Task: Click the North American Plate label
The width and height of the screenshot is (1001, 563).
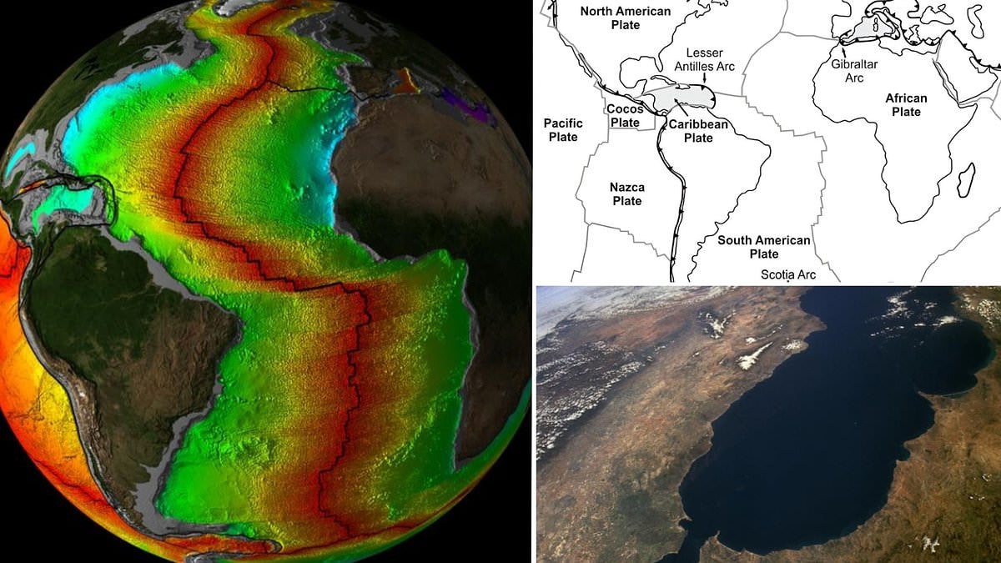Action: pos(625,18)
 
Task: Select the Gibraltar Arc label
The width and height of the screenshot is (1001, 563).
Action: pos(847,71)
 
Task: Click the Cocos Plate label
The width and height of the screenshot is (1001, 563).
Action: pos(623,116)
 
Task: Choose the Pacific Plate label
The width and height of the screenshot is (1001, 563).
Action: pos(563,129)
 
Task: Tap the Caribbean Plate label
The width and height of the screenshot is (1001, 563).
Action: pos(698,131)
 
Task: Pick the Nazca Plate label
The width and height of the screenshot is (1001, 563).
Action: pos(626,194)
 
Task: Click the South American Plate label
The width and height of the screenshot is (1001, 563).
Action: pos(764,247)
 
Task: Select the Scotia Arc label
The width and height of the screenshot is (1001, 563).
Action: pos(788,274)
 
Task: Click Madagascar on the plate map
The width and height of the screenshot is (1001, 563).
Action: pos(967,180)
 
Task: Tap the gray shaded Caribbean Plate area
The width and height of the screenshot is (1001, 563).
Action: pos(680,98)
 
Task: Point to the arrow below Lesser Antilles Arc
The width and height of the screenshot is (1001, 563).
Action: pos(706,79)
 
